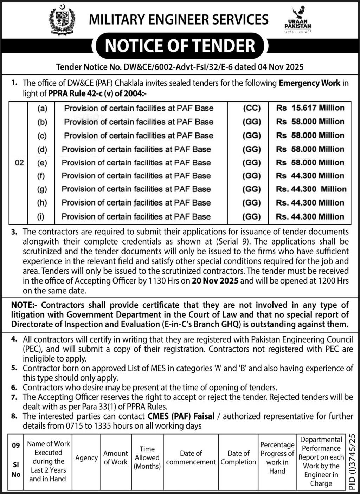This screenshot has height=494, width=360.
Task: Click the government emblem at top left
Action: click(62, 20)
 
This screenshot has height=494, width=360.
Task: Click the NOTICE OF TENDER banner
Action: click(180, 46)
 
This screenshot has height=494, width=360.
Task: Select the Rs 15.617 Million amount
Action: click(310, 108)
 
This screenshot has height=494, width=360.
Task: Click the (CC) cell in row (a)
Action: click(252, 108)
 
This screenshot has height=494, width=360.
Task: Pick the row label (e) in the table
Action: click(42, 163)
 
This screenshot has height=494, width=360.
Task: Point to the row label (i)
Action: click(41, 216)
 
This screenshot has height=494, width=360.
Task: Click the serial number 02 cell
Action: click(19, 163)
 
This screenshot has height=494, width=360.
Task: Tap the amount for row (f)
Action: click(310, 176)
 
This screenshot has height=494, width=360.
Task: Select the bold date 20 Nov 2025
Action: click(215, 281)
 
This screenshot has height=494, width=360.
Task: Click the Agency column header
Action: click(86, 457)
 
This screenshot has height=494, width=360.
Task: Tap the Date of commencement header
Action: click(191, 457)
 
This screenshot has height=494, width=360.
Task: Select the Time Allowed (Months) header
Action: click(147, 457)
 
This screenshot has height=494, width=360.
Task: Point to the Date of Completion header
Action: click(238, 457)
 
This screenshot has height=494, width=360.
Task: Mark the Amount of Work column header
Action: click(116, 457)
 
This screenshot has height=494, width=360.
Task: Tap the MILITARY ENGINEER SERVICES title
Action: click(179, 19)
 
